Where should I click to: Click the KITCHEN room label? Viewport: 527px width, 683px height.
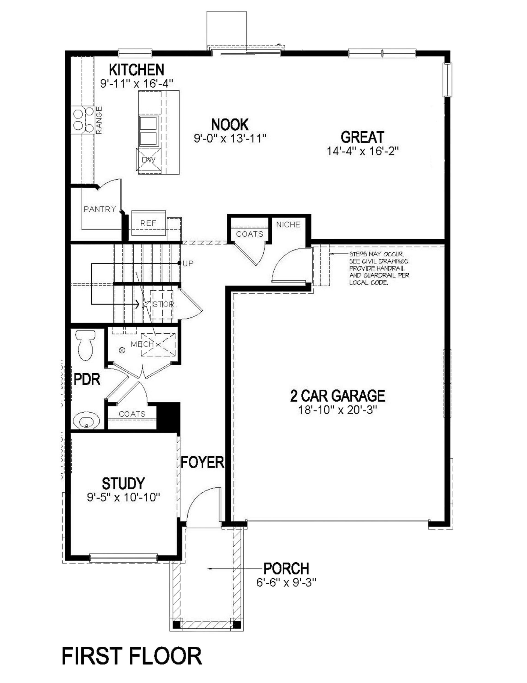coord(136,70)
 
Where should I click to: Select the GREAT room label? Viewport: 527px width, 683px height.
coord(362,137)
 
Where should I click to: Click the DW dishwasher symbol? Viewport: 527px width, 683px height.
coord(148,160)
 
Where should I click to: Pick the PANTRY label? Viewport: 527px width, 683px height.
coord(100,209)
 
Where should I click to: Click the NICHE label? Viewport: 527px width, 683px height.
coord(288,224)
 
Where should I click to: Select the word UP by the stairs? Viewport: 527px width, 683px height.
coord(188,263)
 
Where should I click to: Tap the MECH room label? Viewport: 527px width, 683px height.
coord(142,344)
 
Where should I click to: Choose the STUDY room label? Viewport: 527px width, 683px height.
coord(123,483)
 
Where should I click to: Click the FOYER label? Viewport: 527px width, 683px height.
coord(202,462)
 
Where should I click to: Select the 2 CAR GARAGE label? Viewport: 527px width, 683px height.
coord(337,396)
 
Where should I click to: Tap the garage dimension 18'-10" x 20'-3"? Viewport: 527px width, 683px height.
coord(337,410)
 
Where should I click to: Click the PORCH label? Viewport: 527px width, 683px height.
coord(286,568)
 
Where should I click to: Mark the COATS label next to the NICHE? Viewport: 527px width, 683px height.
coord(250,234)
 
